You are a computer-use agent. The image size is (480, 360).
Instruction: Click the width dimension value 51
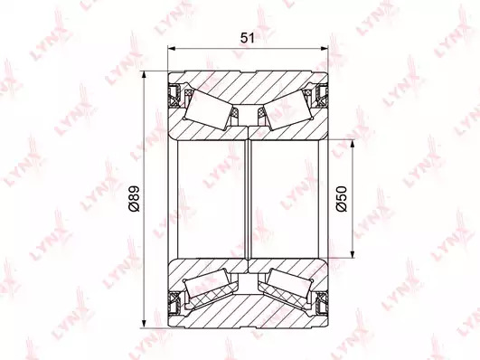248,38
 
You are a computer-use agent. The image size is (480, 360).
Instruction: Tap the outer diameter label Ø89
134,198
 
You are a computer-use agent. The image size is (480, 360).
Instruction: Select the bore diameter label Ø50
342,198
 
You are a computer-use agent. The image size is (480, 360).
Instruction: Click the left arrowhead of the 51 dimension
172,49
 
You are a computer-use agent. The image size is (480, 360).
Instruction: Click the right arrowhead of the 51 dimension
324,49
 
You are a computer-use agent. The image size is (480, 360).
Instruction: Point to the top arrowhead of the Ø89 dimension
144,75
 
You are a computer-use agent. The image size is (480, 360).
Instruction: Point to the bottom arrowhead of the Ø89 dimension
144,324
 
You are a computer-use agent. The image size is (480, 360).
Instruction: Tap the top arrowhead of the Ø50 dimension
353,145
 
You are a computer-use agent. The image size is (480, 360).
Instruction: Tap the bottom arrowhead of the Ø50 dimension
353,254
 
